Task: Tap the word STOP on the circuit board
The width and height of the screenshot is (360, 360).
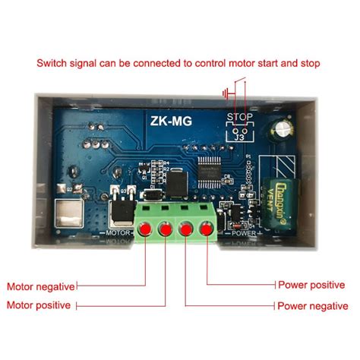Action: (x=240, y=117)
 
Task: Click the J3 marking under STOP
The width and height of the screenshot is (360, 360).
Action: (x=240, y=137)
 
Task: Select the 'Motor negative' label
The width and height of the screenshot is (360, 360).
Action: (x=41, y=287)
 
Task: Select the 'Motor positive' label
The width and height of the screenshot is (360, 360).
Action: (x=39, y=305)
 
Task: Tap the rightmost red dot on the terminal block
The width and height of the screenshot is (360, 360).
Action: (x=206, y=229)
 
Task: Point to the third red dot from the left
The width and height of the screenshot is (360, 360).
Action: (x=186, y=229)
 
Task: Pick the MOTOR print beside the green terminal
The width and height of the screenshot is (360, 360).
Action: (x=121, y=233)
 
